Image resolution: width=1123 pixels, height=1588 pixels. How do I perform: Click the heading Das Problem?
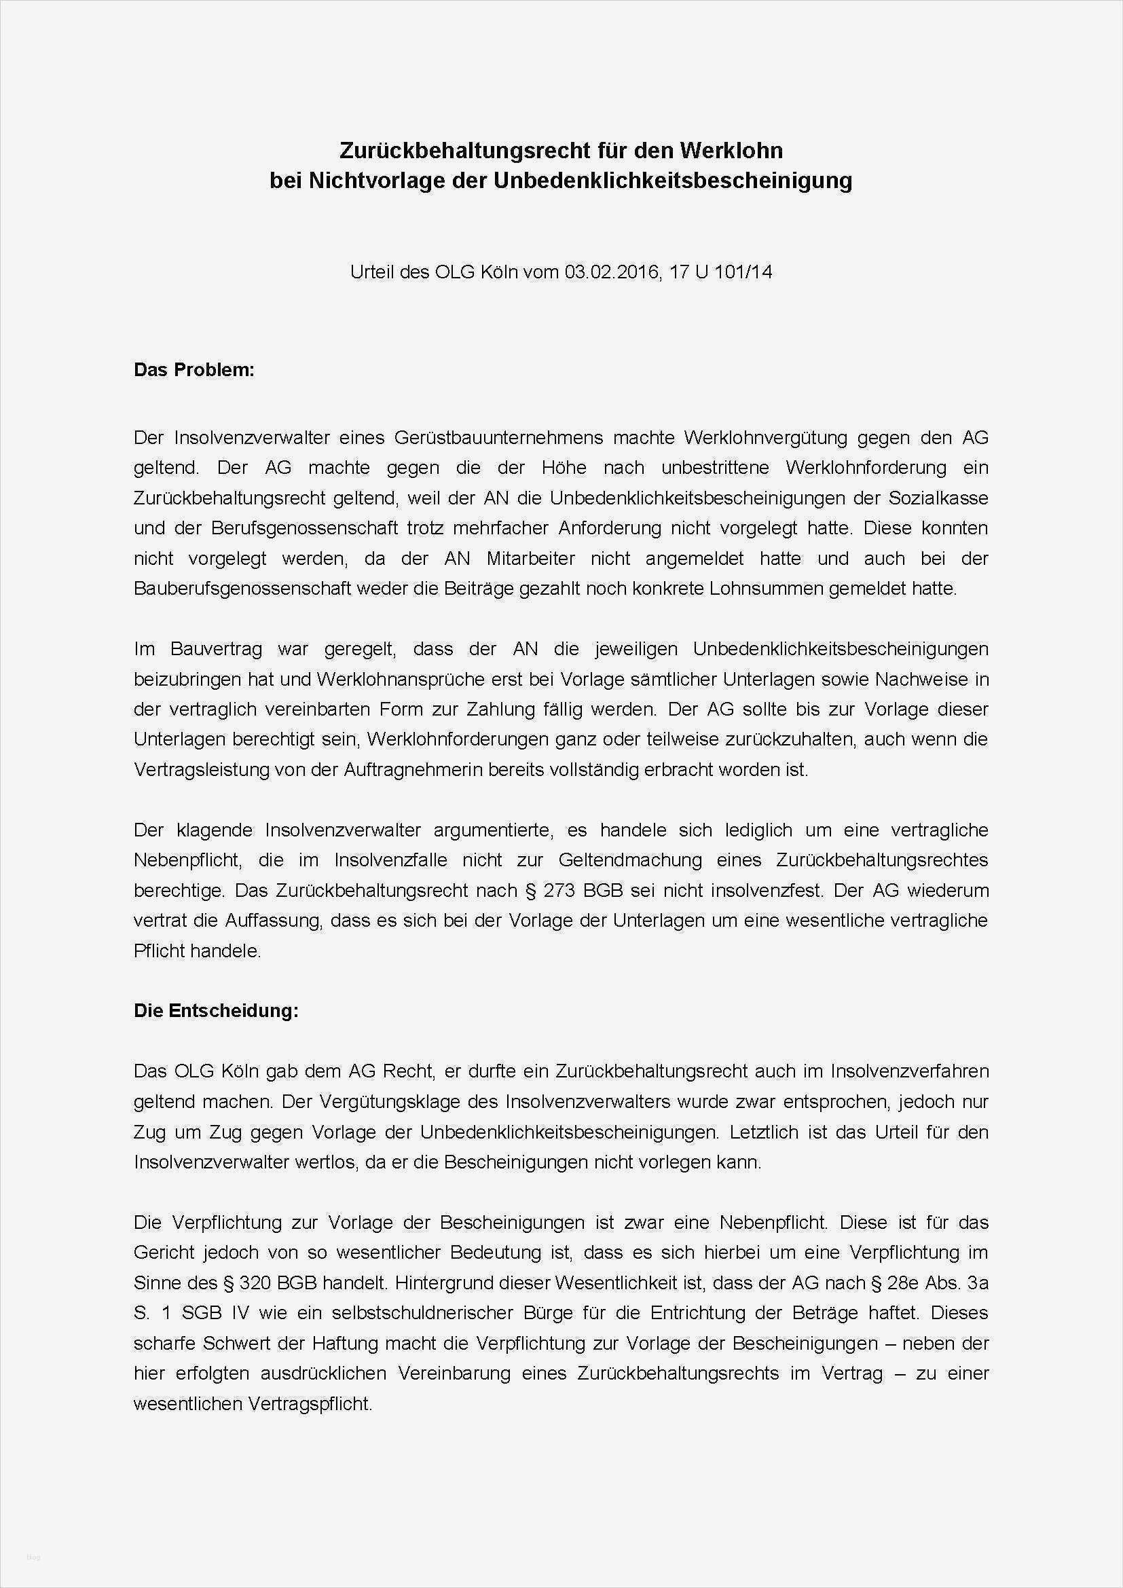click(x=194, y=370)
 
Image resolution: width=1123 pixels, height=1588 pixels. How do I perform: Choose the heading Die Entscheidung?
click(x=216, y=1010)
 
